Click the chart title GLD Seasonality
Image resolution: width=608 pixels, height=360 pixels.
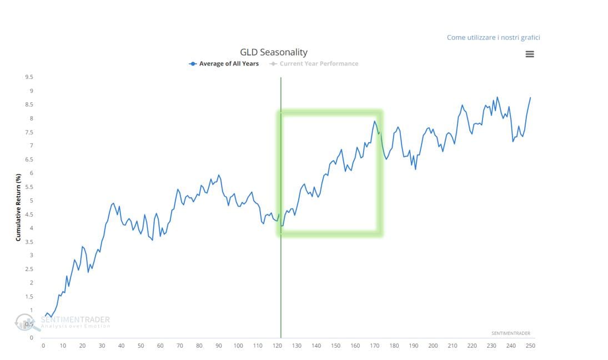(x=273, y=52)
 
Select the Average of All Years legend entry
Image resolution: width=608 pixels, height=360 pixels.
(x=224, y=64)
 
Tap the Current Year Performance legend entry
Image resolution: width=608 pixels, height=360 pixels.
(x=314, y=64)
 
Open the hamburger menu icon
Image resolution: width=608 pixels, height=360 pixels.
(x=530, y=54)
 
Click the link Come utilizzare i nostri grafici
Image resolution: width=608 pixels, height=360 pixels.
(x=493, y=37)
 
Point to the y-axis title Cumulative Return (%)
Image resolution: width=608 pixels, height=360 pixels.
(x=18, y=206)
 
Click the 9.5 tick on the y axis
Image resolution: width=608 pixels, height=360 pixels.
(x=28, y=77)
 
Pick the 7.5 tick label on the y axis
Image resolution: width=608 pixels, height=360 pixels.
(x=28, y=132)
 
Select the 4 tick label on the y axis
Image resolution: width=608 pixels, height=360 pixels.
(x=31, y=228)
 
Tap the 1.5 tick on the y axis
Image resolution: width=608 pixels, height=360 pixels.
(x=28, y=297)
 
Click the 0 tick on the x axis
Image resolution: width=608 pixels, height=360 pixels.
(x=43, y=346)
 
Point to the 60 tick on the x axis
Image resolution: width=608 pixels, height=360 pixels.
(x=160, y=346)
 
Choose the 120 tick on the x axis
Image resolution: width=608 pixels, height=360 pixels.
(x=277, y=346)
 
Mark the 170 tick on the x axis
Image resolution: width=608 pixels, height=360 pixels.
(x=375, y=346)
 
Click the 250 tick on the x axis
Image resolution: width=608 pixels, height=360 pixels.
(x=531, y=346)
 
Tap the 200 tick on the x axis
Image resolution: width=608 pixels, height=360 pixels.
(x=433, y=346)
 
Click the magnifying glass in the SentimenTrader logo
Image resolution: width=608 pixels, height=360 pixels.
(x=25, y=322)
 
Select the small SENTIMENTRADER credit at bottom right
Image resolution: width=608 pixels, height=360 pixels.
(x=510, y=333)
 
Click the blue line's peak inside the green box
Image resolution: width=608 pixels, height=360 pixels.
(x=375, y=121)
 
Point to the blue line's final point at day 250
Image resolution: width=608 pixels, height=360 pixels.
(x=530, y=97)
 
